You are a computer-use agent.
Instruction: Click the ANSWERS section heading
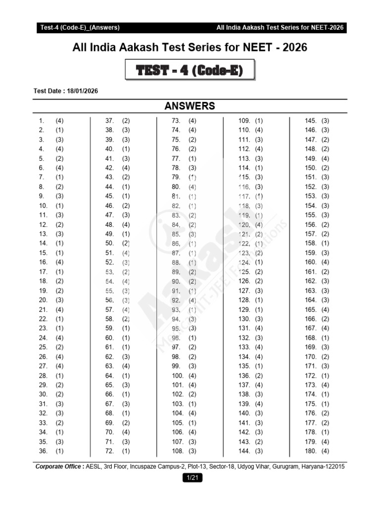click(x=190, y=105)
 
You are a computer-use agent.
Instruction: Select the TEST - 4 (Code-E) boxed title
click(x=190, y=71)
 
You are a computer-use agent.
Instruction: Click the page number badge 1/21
click(x=190, y=477)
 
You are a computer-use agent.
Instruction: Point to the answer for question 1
click(x=59, y=121)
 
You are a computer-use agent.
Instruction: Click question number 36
click(x=43, y=451)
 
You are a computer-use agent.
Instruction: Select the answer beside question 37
click(x=126, y=121)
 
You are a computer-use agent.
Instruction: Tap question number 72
click(x=110, y=451)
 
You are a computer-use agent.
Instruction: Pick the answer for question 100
click(x=192, y=376)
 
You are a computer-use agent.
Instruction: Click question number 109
click(x=244, y=121)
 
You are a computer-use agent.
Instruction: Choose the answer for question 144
click(x=259, y=451)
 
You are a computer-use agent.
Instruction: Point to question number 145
click(x=310, y=121)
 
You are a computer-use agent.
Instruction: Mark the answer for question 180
click(x=325, y=451)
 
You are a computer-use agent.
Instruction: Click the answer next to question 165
click(x=325, y=309)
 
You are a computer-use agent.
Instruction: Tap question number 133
click(x=244, y=347)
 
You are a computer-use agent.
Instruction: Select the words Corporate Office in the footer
click(x=59, y=466)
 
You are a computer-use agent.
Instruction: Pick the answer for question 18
click(x=59, y=281)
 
